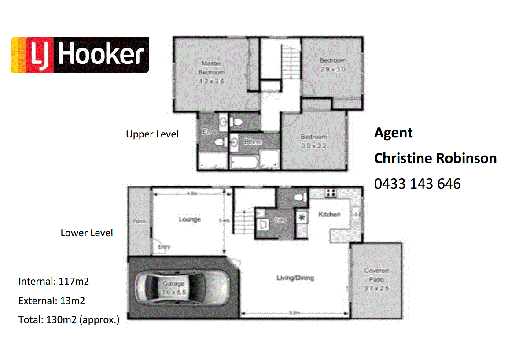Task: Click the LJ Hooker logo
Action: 80,55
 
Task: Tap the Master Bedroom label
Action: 211,67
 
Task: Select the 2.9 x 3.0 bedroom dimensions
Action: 332,70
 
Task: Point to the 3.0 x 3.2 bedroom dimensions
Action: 313,146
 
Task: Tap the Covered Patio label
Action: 376,275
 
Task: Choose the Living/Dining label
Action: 295,278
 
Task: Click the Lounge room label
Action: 190,219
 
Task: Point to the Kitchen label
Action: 329,215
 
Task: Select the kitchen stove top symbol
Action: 331,193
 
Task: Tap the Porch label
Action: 139,221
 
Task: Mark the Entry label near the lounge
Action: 164,247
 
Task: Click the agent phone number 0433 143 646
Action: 417,183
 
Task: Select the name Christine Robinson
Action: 435,158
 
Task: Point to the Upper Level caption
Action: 152,134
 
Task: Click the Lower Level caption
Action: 87,233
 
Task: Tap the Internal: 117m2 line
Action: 54,281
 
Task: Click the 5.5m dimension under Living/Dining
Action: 294,313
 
